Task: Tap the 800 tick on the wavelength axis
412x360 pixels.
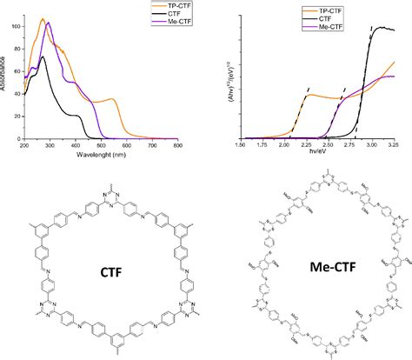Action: point(176,144)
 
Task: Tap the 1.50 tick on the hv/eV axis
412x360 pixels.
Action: point(241,145)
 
